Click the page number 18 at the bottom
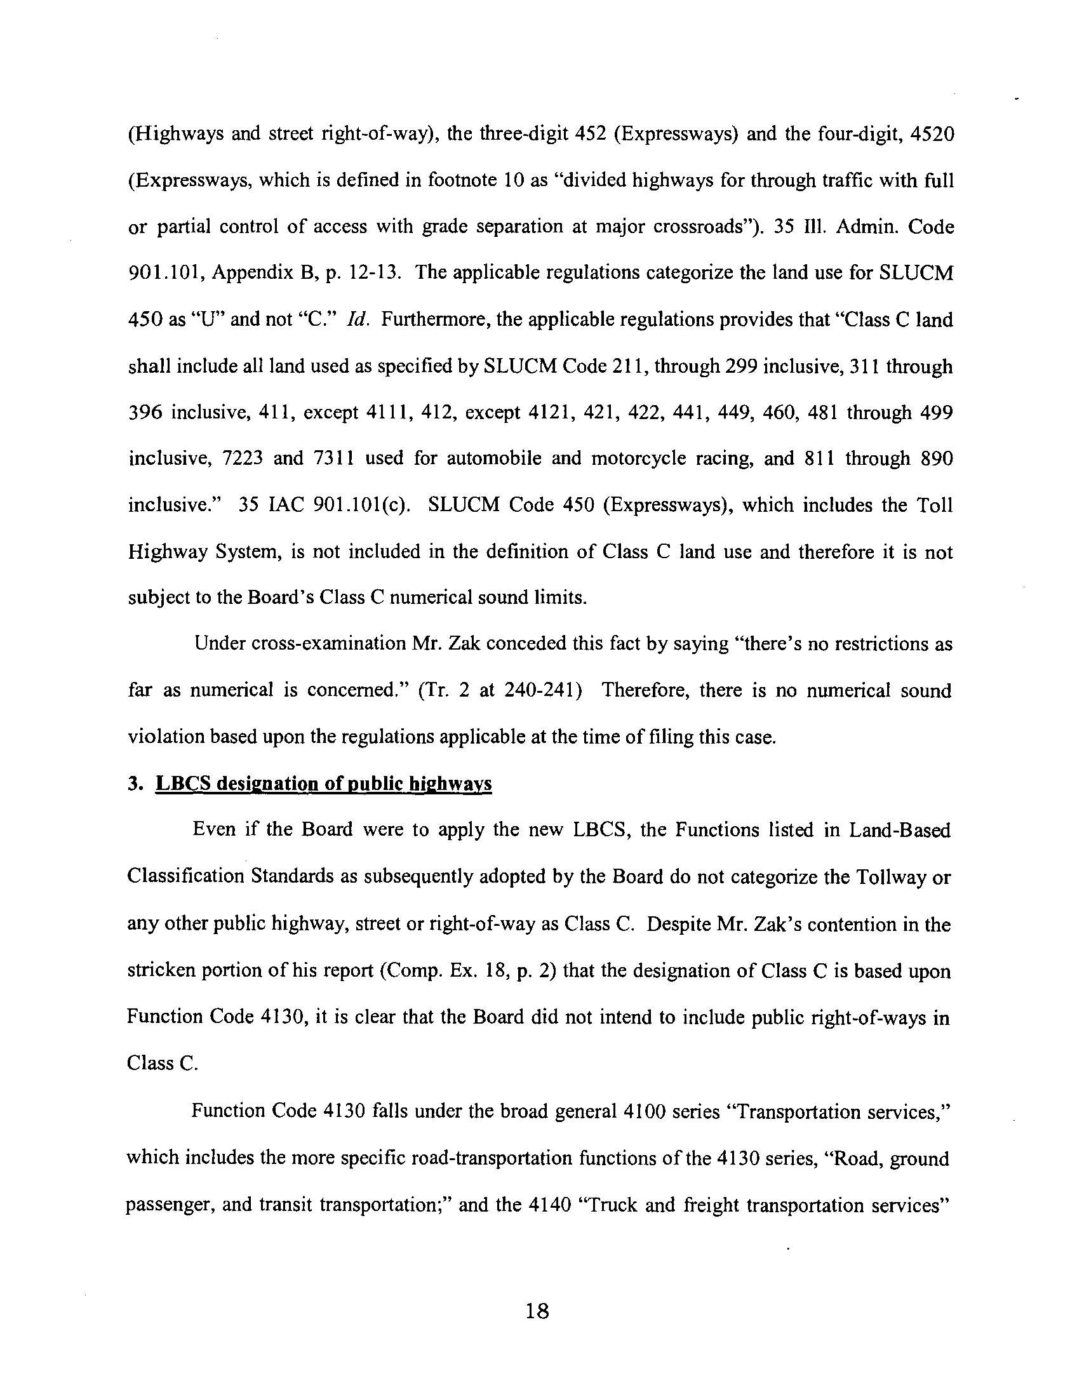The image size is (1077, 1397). (x=537, y=1312)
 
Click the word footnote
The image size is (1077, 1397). (x=463, y=181)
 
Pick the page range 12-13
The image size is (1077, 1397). (x=375, y=274)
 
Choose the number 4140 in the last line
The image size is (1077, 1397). (x=550, y=1206)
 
